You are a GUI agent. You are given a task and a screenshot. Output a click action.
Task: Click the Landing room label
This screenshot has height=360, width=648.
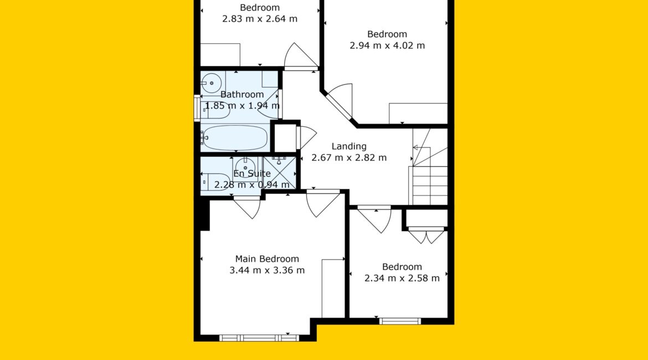[x=349, y=146]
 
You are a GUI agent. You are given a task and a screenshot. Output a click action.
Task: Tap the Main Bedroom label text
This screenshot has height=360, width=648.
[x=267, y=259]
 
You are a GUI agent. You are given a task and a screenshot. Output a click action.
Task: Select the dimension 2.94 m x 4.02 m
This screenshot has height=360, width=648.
[x=387, y=45]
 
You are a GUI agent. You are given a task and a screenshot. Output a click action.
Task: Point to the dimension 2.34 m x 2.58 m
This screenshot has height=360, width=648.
[x=402, y=278]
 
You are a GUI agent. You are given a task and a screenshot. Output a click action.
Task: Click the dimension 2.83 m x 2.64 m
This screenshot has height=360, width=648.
[x=260, y=19]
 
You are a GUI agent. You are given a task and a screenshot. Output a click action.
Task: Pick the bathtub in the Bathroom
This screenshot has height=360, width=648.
[x=235, y=138]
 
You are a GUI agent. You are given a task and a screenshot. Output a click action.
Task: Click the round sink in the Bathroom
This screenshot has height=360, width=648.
[x=212, y=83]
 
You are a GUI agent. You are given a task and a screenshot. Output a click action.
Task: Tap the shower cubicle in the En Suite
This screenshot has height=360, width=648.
[x=280, y=173]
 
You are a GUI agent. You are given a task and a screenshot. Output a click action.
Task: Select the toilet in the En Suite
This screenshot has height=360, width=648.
[x=215, y=182]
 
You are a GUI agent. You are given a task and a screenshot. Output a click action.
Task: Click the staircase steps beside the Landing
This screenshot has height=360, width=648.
[x=430, y=185]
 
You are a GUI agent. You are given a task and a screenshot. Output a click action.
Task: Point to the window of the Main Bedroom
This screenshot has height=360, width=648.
[x=259, y=338]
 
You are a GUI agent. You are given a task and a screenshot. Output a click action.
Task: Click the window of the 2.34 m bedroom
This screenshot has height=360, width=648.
[x=400, y=321]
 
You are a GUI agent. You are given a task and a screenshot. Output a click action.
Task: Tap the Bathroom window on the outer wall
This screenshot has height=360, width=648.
[x=197, y=109]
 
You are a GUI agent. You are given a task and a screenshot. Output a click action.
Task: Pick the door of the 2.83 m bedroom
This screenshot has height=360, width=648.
[x=301, y=56]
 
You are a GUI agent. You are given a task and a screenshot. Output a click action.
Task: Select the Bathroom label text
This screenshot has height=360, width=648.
[x=242, y=95]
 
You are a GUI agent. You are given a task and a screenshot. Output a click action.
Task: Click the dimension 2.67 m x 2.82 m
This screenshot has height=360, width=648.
[x=349, y=157]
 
